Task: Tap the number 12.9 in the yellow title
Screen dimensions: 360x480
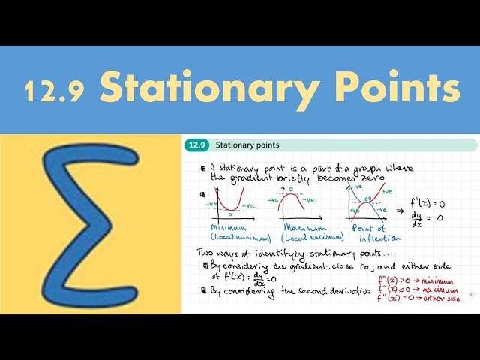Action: tap(54, 89)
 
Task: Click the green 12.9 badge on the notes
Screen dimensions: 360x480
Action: tap(196, 145)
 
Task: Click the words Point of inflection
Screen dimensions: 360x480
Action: tap(369, 232)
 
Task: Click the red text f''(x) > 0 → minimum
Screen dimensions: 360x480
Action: tap(420, 279)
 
